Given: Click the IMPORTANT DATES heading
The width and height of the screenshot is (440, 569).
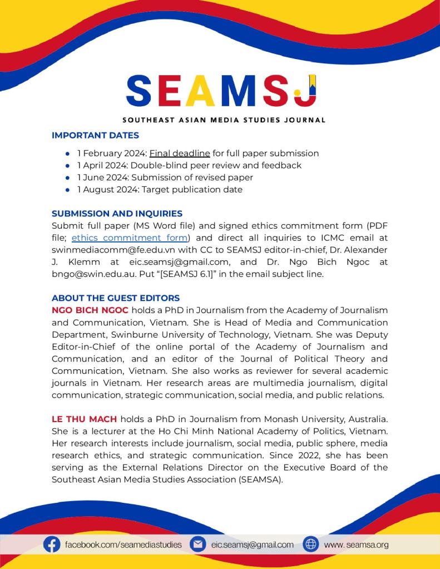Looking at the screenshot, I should click(95, 135).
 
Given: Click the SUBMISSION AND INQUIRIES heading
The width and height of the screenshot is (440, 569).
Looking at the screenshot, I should click(117, 214).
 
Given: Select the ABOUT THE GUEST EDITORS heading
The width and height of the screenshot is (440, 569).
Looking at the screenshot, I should click(116, 299).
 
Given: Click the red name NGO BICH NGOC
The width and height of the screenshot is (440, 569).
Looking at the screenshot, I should click(90, 310).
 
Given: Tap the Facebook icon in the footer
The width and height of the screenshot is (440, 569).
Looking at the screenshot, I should click(52, 545).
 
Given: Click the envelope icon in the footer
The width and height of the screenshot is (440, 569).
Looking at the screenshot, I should click(197, 545).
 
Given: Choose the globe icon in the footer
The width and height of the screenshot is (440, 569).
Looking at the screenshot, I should click(310, 545).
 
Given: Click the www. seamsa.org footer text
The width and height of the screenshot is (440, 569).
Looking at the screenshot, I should click(356, 545).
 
